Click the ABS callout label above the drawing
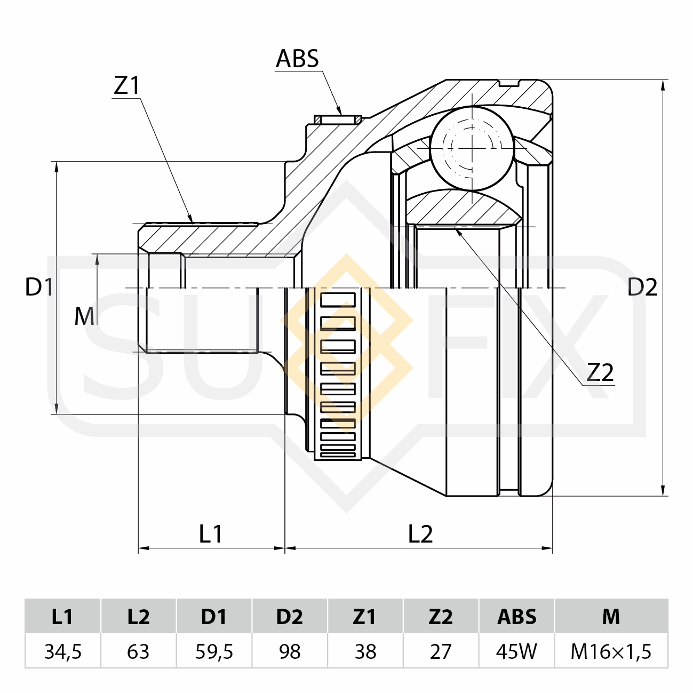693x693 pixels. tap(297, 59)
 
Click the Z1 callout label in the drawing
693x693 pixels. tap(126, 85)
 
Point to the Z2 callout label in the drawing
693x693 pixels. tap(600, 372)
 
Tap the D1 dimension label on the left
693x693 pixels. tap(39, 288)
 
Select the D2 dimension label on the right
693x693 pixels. tap(642, 288)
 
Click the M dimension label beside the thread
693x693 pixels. tap(84, 316)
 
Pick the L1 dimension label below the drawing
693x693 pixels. tap(210, 533)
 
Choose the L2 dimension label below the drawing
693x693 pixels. tap(420, 533)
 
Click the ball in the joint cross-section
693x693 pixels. tap(472, 148)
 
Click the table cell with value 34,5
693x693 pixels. tap(63, 651)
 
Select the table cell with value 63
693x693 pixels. tap(138, 651)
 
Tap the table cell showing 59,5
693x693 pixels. tap(214, 651)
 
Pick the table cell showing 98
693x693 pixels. tap(290, 651)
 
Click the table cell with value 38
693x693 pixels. tap(365, 651)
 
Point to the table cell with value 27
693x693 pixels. tap(441, 651)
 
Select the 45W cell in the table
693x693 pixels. tap(516, 651)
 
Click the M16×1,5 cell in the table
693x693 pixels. tap(611, 651)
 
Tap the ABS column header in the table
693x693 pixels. tap(516, 617)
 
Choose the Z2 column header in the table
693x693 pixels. tap(441, 617)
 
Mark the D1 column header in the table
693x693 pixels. tap(214, 617)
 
